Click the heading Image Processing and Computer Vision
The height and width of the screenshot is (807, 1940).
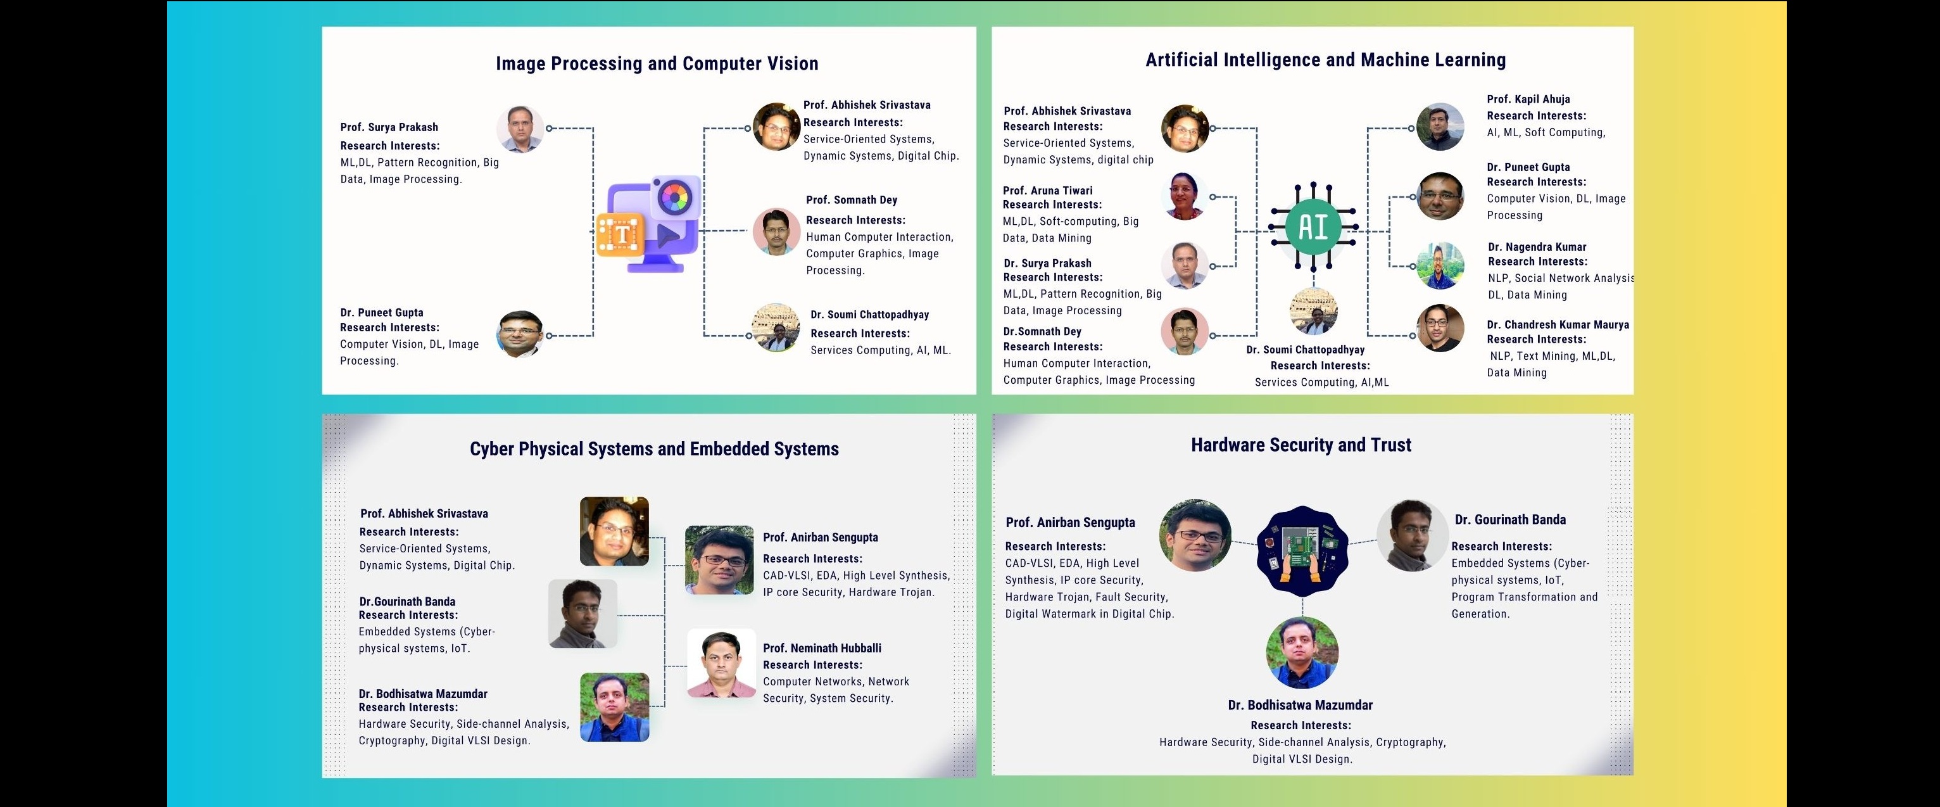[x=657, y=64]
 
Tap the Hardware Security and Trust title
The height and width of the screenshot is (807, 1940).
[x=1301, y=445]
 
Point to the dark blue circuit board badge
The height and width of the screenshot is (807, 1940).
[x=1302, y=552]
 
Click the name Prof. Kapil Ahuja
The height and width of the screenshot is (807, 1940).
[x=1528, y=99]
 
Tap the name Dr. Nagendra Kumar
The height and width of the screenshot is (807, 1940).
[x=1537, y=247]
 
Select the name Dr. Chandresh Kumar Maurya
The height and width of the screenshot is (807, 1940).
[x=1558, y=325]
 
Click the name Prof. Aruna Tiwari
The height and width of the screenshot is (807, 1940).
[x=1048, y=191]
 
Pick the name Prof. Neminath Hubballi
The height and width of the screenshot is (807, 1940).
[x=822, y=648]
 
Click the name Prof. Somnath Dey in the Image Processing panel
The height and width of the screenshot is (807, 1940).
[x=852, y=200]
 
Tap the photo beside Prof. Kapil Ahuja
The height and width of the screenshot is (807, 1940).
[x=1440, y=127]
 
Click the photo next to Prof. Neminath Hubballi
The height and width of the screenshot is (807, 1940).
[x=721, y=663]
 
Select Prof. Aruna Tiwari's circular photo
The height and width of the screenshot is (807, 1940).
[x=1185, y=196]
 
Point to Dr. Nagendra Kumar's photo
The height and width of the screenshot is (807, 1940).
[x=1440, y=265]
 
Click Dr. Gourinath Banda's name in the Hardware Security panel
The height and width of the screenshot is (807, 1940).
[x=1510, y=520]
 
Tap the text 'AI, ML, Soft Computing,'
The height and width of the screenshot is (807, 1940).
[x=1546, y=132]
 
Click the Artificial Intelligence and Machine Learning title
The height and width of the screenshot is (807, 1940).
[x=1325, y=60]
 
